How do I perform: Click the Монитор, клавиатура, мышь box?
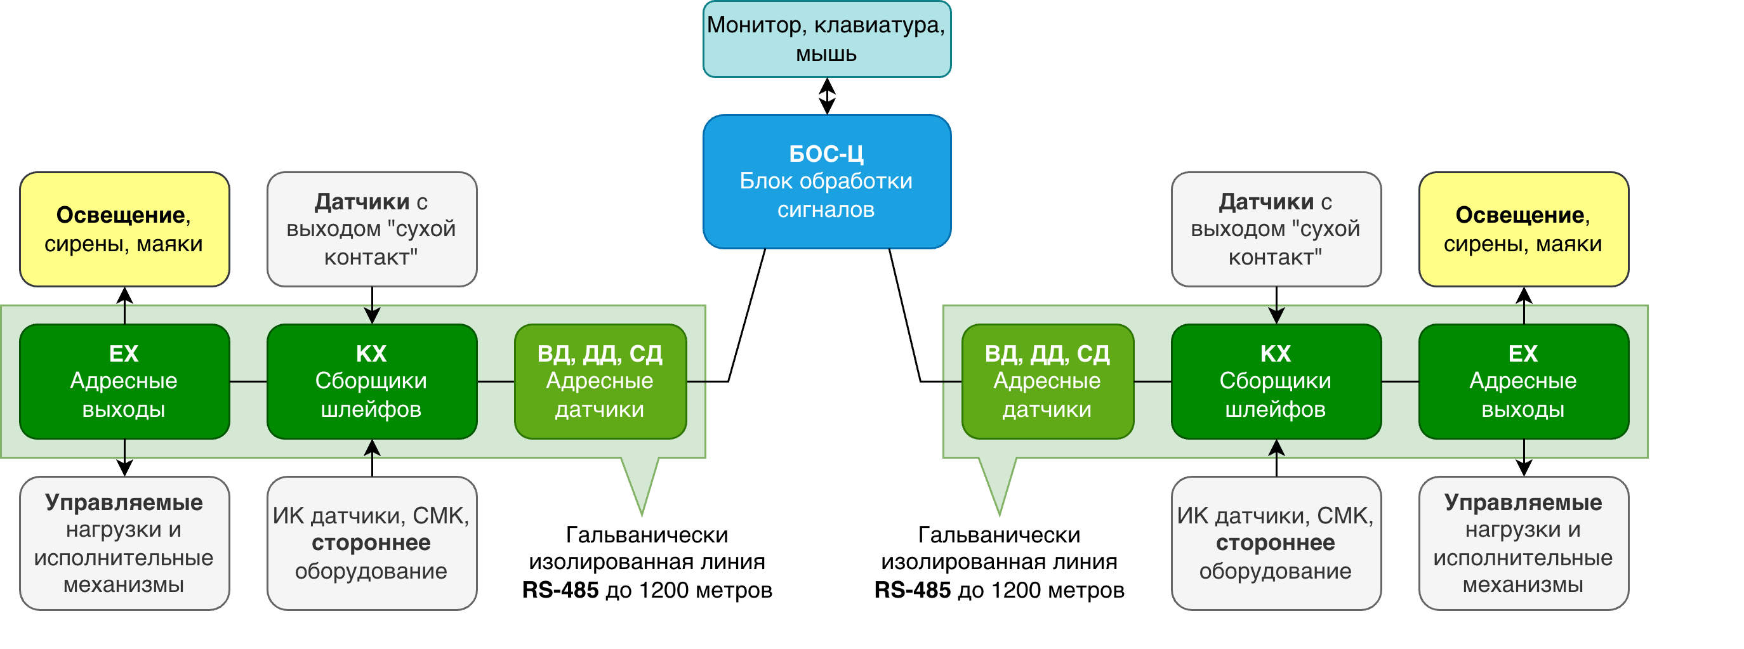(x=827, y=39)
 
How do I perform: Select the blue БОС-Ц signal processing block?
(x=827, y=181)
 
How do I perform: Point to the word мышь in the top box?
(x=826, y=54)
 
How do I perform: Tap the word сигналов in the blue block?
(x=825, y=210)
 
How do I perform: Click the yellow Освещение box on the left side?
(x=124, y=229)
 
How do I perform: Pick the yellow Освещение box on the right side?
(x=1523, y=229)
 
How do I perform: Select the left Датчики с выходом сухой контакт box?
(x=372, y=229)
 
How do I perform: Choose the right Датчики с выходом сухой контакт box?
(x=1276, y=229)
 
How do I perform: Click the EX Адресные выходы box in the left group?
(x=124, y=381)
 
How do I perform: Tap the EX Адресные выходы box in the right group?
(x=1523, y=381)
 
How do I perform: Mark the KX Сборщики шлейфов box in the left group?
(x=372, y=381)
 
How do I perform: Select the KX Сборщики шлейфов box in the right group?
(x=1276, y=381)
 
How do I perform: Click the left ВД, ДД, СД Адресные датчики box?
(x=600, y=381)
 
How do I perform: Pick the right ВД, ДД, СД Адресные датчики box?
(x=1047, y=381)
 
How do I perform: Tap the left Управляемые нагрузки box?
(x=124, y=543)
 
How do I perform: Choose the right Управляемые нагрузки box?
(x=1523, y=543)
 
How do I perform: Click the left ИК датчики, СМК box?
(x=372, y=543)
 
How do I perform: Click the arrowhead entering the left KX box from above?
(x=372, y=317)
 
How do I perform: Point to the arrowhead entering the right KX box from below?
(x=1276, y=447)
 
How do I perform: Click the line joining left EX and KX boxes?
(x=249, y=382)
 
